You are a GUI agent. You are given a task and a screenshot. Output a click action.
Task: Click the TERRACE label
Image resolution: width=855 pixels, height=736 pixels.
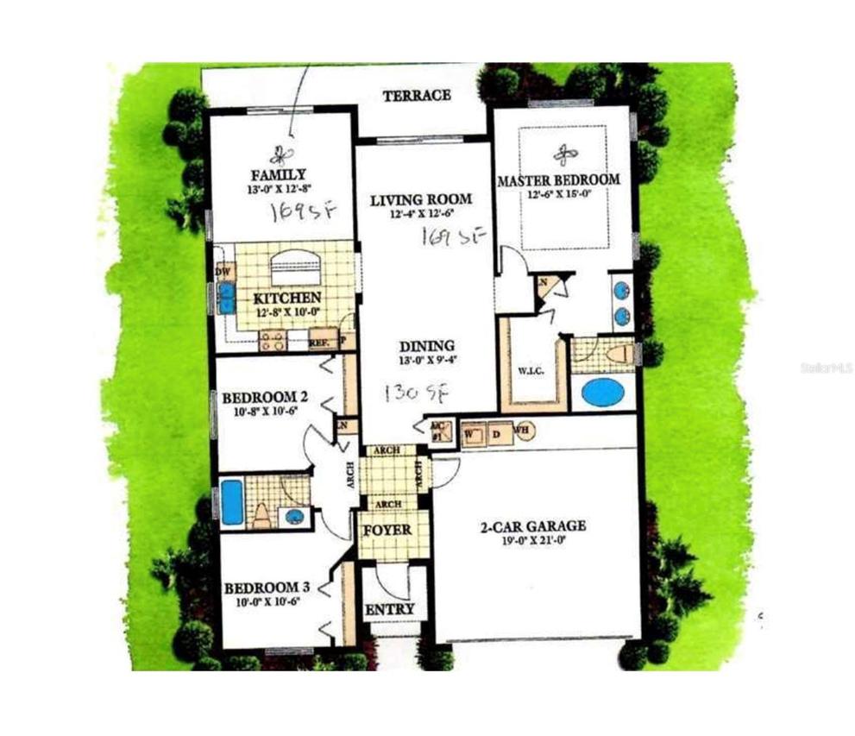coord(417,95)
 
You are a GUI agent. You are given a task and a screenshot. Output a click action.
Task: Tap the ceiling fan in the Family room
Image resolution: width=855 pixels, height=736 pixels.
coord(279,155)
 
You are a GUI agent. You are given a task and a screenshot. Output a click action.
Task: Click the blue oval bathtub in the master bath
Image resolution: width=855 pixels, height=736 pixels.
coord(602,393)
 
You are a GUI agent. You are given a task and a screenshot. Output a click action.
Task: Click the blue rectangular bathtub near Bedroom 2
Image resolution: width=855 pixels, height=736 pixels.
coord(232,502)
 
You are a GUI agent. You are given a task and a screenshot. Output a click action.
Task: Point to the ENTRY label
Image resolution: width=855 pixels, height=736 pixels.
coord(390,609)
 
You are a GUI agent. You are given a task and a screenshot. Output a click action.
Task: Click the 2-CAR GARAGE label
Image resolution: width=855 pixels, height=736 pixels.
coord(533,525)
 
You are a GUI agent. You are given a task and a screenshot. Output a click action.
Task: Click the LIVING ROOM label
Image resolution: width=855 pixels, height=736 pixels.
coord(421,201)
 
